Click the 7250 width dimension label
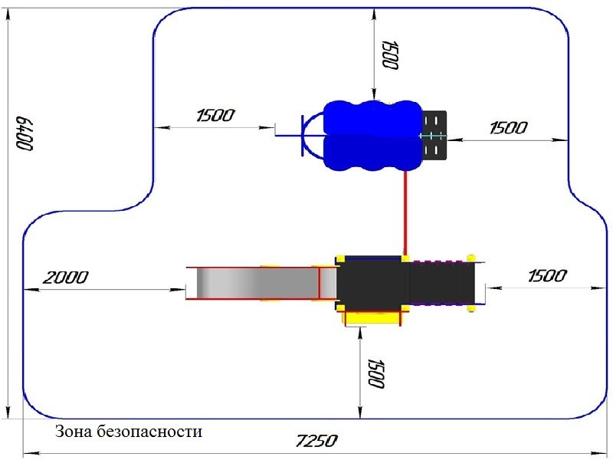(x=316, y=441)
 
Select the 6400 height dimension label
(x=25, y=133)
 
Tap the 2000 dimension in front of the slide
(x=65, y=278)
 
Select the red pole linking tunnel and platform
(x=405, y=214)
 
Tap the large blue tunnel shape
(x=373, y=136)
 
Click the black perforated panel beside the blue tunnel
(x=434, y=135)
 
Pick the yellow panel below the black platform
(x=372, y=317)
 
